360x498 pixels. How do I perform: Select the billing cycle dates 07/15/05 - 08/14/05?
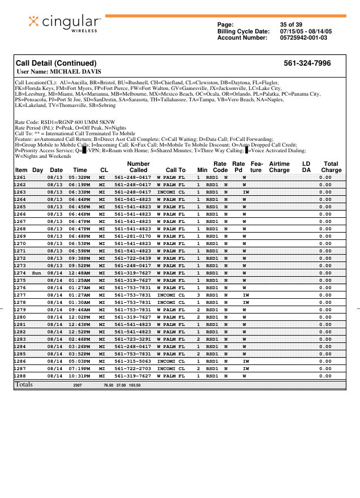(x=306, y=31)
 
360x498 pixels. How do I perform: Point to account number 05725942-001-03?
(x=303, y=38)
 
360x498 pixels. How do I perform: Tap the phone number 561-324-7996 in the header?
(x=307, y=63)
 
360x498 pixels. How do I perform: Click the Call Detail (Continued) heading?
(x=56, y=63)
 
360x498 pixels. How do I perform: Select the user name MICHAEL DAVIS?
(x=59, y=72)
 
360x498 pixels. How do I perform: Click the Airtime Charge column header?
(x=279, y=166)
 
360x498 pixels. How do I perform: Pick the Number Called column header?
(x=138, y=166)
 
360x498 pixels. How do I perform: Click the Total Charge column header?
(x=331, y=166)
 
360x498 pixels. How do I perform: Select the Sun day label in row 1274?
(x=37, y=273)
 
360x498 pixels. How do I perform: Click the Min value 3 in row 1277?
(x=199, y=295)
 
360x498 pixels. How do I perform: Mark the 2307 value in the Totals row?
(x=78, y=385)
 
